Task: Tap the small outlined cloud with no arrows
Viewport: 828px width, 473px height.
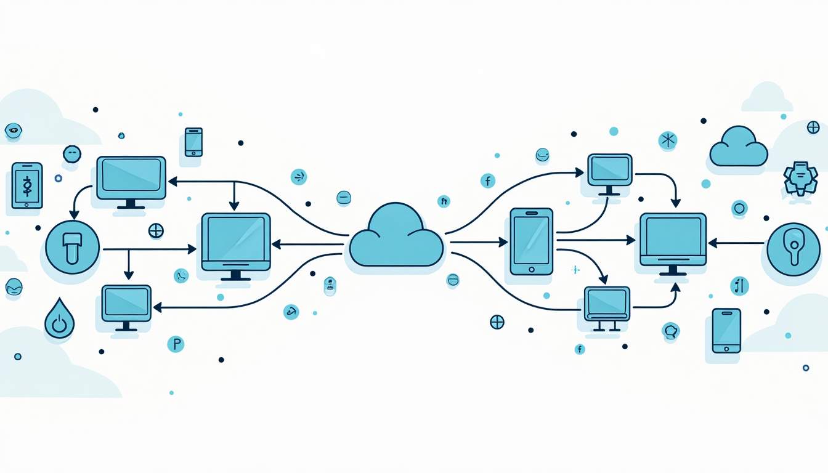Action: click(x=738, y=147)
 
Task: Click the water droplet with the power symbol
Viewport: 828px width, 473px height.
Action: click(x=59, y=320)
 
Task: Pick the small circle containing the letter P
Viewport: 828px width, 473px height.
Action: click(x=176, y=344)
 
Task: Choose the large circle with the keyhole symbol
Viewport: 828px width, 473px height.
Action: click(x=794, y=249)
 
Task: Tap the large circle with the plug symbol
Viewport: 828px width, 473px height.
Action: click(x=72, y=248)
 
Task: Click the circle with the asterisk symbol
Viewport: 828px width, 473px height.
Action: click(x=667, y=140)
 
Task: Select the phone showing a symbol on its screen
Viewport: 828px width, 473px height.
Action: click(x=26, y=185)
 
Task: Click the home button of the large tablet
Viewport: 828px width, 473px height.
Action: click(x=532, y=269)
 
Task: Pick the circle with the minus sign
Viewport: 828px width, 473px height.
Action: click(x=344, y=198)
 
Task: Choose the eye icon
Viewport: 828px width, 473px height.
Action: click(x=13, y=130)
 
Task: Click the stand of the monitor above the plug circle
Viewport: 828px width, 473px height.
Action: click(x=131, y=203)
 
